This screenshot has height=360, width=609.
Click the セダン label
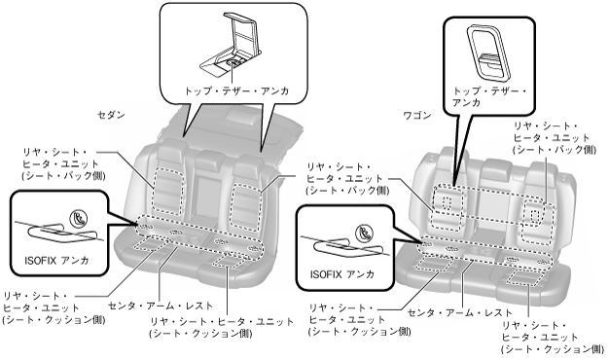[x=111, y=115]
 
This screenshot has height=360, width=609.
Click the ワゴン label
[x=417, y=116]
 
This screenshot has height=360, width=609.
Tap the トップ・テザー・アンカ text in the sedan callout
[x=236, y=91]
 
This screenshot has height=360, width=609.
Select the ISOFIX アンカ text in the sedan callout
[x=56, y=260]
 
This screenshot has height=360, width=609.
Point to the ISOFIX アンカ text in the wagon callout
[x=341, y=274]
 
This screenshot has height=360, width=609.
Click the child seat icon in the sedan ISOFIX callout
[x=79, y=218]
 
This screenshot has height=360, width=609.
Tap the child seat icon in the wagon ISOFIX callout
[x=364, y=233]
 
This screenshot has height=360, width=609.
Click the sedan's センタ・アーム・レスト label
[x=161, y=306]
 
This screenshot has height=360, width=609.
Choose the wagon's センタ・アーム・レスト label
[x=460, y=312]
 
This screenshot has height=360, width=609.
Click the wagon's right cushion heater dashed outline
[x=522, y=278]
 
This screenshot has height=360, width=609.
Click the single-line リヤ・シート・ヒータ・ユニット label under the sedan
[x=222, y=321]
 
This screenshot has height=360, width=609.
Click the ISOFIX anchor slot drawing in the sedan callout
[x=62, y=233]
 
